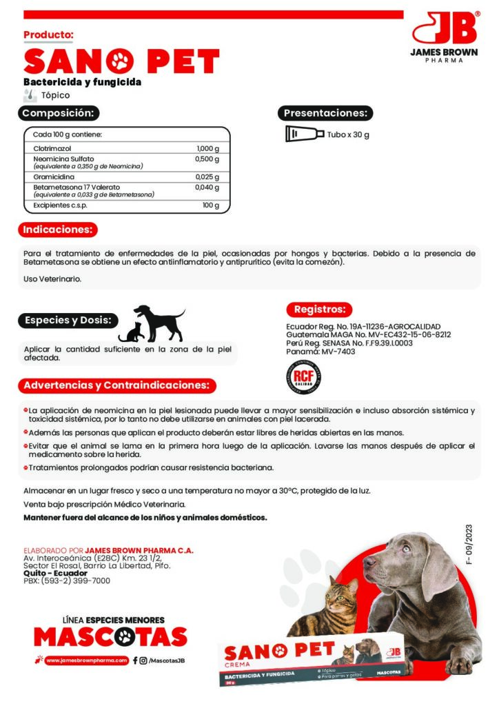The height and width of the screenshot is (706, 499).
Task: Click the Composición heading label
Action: click(x=60, y=113)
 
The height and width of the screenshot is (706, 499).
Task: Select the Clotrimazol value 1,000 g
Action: click(x=207, y=148)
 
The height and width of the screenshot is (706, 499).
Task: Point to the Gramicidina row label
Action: click(x=54, y=177)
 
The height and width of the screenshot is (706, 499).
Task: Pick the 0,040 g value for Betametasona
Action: click(x=207, y=187)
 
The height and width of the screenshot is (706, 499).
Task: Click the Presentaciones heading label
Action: click(x=325, y=113)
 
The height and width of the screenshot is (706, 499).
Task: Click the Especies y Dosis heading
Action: click(x=68, y=321)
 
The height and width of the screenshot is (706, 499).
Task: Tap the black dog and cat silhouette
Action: click(x=152, y=323)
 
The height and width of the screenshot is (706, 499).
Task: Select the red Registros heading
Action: click(x=318, y=310)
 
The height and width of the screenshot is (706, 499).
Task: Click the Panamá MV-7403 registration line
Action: click(x=320, y=352)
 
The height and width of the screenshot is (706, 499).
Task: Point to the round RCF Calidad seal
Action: click(x=303, y=376)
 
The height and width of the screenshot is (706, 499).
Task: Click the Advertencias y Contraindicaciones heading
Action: click(x=117, y=385)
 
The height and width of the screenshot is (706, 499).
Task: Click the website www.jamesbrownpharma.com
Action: click(x=88, y=660)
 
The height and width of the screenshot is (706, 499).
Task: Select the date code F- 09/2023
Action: click(x=469, y=545)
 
